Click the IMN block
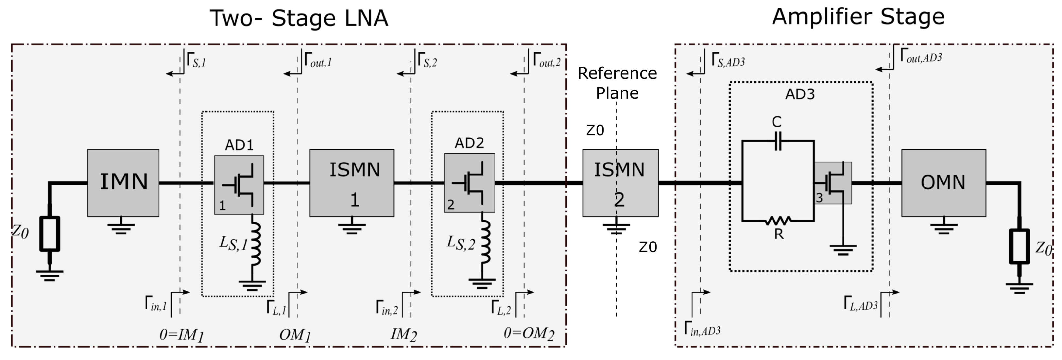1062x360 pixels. coord(123,183)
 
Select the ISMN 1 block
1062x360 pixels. coord(352,183)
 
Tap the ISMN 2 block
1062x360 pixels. coord(620,183)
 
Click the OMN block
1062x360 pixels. coord(943,183)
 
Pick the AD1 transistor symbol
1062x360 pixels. coord(239,184)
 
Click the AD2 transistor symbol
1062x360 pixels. coord(469,183)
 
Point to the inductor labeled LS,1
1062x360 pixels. coord(256,244)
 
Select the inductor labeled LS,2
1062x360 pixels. coord(485,243)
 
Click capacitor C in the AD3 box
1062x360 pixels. coord(778,141)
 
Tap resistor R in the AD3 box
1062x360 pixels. coord(778,221)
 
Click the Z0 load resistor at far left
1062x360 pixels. coord(49,233)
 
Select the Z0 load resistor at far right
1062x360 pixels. coord(1019,246)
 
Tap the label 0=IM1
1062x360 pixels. coord(181,334)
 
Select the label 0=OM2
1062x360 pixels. coord(528,333)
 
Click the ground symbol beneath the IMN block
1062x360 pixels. coord(121,228)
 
